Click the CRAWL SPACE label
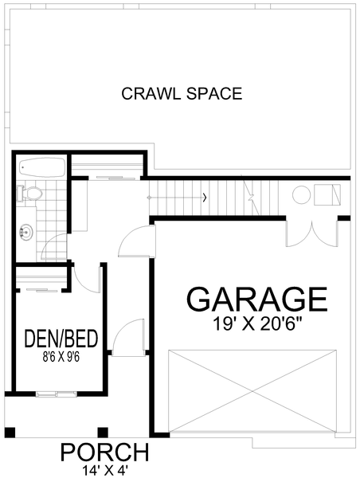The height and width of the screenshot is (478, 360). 182,94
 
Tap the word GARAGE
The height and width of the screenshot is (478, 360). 256,300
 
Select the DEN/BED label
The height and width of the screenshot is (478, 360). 61,340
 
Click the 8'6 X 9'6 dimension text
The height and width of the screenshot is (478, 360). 61,357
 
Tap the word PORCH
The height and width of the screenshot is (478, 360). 105,452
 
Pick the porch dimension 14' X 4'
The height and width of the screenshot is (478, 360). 105,469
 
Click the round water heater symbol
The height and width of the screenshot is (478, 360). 301,195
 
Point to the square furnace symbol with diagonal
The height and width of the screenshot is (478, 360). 327,195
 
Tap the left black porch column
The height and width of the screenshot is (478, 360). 10,433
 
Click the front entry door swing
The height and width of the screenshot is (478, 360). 127,339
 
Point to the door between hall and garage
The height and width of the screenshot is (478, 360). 135,241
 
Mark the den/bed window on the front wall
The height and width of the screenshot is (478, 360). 56,393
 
